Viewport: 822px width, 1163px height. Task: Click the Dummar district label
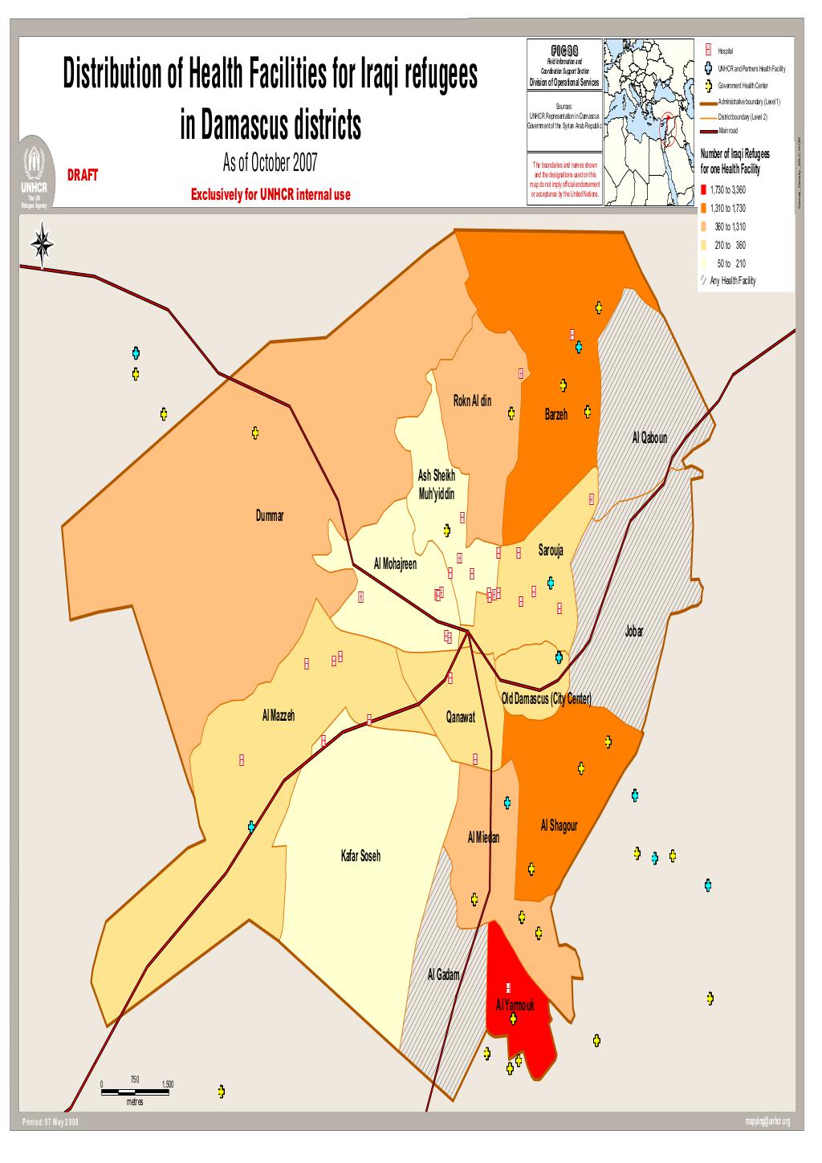[x=270, y=515]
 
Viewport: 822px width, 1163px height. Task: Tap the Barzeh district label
[x=555, y=415]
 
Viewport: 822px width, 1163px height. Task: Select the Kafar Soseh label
[x=361, y=856]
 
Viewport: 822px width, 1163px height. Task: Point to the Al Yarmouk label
[x=510, y=1005]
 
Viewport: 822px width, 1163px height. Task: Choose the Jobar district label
[x=633, y=632]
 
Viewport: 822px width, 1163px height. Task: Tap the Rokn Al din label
[x=473, y=401]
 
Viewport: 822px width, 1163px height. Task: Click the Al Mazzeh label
[x=279, y=715]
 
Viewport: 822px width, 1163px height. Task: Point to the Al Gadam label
[x=443, y=974]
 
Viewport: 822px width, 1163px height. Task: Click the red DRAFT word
[x=83, y=175]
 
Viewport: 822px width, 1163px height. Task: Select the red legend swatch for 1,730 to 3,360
[x=704, y=190]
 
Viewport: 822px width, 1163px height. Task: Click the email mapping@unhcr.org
[x=767, y=1122]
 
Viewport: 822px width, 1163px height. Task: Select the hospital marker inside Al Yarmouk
[x=508, y=986]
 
